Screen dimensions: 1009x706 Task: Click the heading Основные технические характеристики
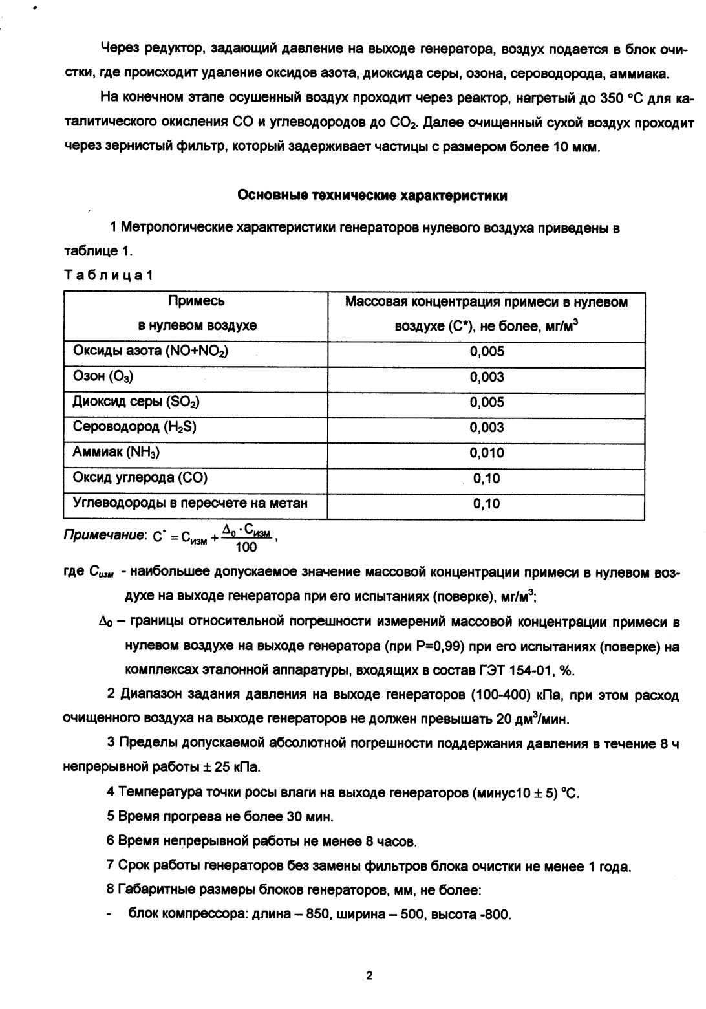click(372, 195)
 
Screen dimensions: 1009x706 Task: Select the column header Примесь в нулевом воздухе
click(197, 314)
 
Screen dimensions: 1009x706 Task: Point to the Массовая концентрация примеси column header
click(486, 314)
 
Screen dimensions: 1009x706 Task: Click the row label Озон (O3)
click(103, 377)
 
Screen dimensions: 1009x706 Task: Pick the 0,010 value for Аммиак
click(487, 453)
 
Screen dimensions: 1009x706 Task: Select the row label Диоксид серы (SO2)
click(136, 402)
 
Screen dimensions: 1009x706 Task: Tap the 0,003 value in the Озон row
click(487, 377)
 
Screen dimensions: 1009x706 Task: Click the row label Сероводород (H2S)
click(135, 428)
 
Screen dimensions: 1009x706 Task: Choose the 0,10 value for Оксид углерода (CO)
click(487, 479)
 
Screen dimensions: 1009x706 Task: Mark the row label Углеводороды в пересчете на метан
click(190, 503)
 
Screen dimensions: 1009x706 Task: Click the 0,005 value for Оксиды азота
click(487, 352)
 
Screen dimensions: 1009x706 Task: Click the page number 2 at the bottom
click(370, 976)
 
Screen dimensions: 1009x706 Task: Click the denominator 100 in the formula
click(246, 547)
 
